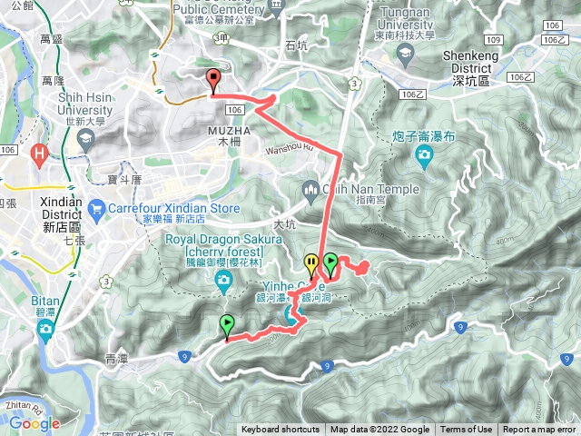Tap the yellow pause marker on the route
tap(313, 263)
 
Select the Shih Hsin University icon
tap(86, 140)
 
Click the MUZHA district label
tap(222, 136)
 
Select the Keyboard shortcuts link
tap(281, 430)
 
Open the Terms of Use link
tap(467, 430)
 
